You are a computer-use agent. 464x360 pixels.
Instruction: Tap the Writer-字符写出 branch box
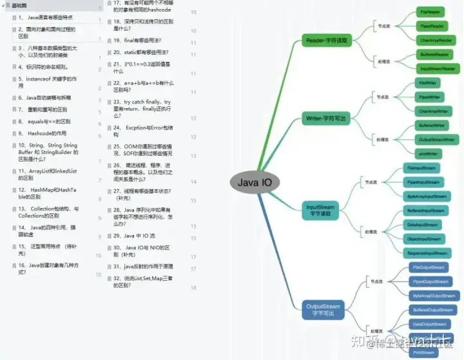(327, 118)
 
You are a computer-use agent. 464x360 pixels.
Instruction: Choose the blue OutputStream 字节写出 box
(322, 309)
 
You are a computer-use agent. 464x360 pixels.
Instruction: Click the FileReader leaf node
(430, 12)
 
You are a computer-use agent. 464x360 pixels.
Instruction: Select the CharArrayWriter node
(430, 111)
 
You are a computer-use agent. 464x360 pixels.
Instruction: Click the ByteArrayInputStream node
(427, 196)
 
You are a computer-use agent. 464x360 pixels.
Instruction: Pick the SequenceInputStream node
(427, 253)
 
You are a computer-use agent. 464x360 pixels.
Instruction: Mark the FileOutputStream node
(428, 267)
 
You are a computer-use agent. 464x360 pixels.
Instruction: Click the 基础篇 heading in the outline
(20, 6)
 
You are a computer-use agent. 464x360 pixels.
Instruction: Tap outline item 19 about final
(135, 40)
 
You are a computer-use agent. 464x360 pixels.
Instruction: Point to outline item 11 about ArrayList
(48, 174)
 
